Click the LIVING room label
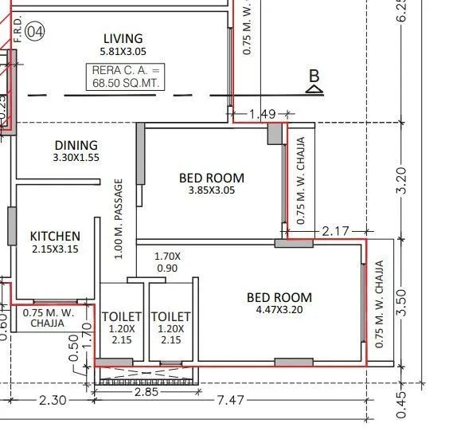[x=123, y=39]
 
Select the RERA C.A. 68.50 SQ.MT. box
[x=126, y=76]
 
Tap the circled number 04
[x=34, y=32]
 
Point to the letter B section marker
[x=314, y=76]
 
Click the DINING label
[x=76, y=146]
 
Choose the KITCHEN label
[x=55, y=237]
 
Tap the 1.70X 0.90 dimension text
[x=167, y=262]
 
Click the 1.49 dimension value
[x=262, y=115]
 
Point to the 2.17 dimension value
[x=336, y=231]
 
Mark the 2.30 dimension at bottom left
[x=53, y=400]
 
